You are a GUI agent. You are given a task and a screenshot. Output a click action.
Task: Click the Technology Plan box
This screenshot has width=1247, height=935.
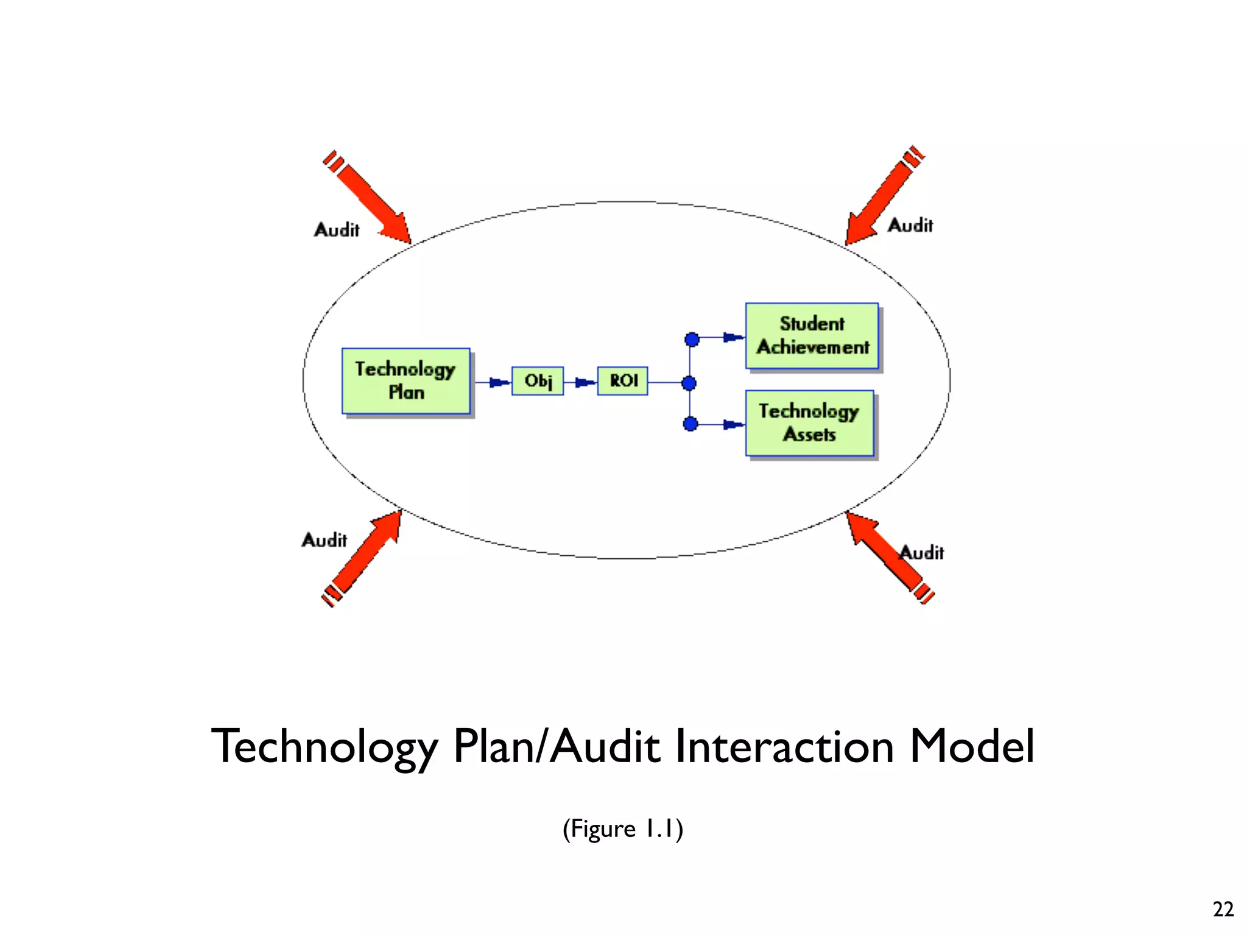(x=406, y=381)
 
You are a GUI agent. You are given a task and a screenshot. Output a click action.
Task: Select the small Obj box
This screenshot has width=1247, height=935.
(x=538, y=381)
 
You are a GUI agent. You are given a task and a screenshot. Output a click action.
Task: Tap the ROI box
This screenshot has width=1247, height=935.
(x=623, y=381)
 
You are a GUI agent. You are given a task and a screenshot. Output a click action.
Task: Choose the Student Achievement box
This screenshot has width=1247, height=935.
(x=812, y=336)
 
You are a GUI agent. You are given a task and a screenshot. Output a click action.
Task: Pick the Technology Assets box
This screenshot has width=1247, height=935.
(x=810, y=423)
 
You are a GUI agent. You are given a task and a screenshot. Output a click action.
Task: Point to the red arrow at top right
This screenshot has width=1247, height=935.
(x=883, y=198)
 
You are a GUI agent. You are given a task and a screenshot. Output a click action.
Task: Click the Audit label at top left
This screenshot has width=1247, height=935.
(x=337, y=230)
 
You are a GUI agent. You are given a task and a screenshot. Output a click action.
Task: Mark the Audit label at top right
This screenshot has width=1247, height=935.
(x=910, y=225)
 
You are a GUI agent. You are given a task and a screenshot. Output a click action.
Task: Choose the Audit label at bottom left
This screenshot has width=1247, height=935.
(x=325, y=540)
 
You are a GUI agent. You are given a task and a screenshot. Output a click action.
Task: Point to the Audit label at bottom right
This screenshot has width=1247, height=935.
(x=922, y=553)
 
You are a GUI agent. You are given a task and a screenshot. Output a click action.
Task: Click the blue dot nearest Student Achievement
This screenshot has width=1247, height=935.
(x=692, y=339)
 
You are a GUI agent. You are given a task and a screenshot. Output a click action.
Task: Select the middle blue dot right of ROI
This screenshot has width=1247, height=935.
(x=689, y=383)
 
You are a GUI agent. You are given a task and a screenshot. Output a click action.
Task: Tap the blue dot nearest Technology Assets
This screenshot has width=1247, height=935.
(x=690, y=424)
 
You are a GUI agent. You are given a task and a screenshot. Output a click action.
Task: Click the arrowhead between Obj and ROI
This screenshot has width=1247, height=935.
(x=585, y=382)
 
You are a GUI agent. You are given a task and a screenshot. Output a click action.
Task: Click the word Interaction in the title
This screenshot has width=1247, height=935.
(x=785, y=746)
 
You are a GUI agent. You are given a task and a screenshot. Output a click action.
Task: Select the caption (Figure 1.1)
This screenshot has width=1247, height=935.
(x=623, y=828)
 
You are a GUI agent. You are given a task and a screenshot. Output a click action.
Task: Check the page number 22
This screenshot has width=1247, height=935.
(x=1223, y=909)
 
